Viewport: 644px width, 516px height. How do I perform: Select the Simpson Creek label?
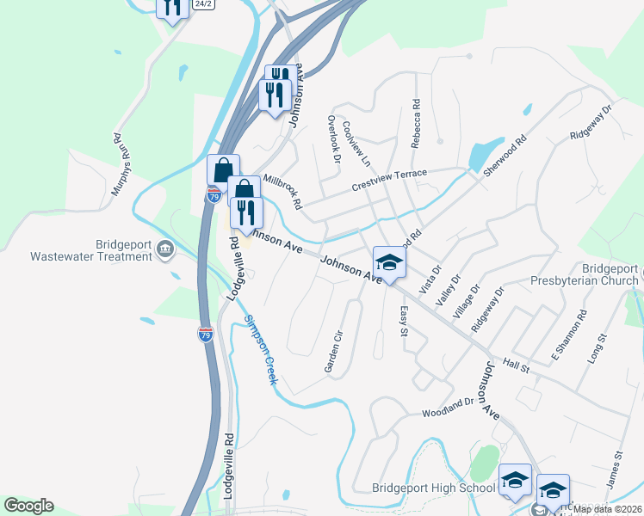[x=260, y=349]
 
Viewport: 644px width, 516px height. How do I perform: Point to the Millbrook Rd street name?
[x=283, y=192]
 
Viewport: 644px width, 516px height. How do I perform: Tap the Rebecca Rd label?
[x=416, y=124]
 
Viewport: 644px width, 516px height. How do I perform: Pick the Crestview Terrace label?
[x=389, y=179]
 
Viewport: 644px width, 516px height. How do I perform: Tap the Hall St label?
[x=517, y=366]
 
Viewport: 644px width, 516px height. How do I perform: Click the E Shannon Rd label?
[x=568, y=336]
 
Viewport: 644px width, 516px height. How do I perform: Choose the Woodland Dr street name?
[x=448, y=407]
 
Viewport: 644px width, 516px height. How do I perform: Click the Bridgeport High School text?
[x=433, y=488]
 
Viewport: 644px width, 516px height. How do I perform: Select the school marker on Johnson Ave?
[x=389, y=263]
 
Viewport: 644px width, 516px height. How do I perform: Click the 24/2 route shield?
[x=203, y=4]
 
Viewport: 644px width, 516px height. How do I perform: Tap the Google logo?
[x=28, y=506]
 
